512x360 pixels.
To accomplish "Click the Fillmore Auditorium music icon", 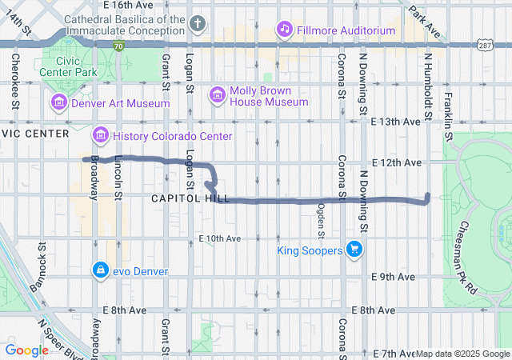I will point(284,30).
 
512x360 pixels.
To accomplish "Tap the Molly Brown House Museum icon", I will point(216,95).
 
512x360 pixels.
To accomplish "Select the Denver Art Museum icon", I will point(58,103).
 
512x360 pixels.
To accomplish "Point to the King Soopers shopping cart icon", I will point(355,250).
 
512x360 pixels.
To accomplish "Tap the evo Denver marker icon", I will point(100,270).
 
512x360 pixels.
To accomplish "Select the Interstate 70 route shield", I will point(118,47).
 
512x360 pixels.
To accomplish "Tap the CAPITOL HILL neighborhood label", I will point(189,198).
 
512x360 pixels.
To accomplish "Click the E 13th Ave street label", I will point(397,122).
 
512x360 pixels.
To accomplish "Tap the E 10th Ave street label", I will point(220,238).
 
